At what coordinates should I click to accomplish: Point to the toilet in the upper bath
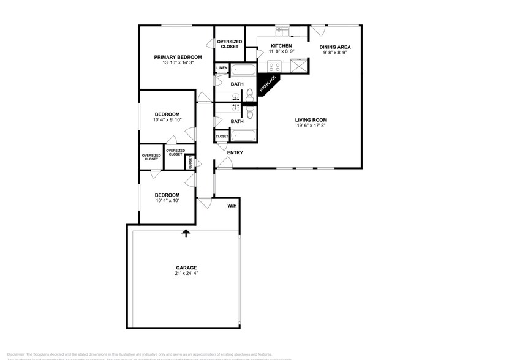tap(249, 94)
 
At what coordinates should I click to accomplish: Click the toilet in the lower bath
tap(249, 112)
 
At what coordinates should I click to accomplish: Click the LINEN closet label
tap(222, 67)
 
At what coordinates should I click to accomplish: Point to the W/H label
tap(232, 206)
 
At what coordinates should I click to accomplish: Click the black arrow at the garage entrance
tap(186, 232)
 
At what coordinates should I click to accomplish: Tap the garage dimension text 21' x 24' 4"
tap(187, 273)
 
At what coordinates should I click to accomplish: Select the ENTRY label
tap(235, 152)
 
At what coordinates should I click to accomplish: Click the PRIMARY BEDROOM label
tap(178, 57)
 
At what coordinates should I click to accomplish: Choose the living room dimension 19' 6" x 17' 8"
tap(311, 126)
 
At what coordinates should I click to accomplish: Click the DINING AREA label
tap(334, 47)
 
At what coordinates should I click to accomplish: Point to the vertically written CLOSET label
tap(190, 162)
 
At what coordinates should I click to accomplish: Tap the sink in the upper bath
tap(235, 96)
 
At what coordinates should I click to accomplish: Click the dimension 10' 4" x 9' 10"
tap(167, 120)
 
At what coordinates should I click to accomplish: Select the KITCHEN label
tap(281, 46)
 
